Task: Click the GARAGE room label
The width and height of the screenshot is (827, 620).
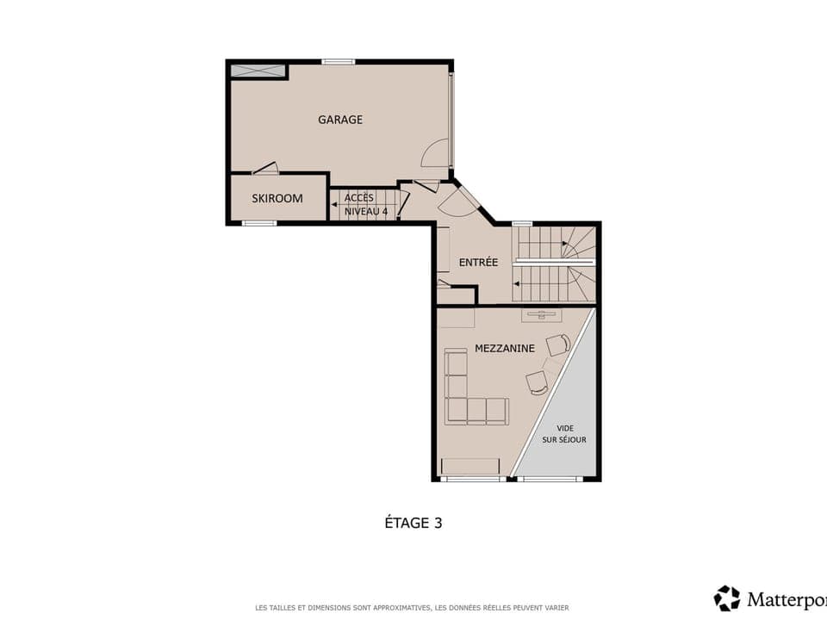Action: tap(340, 120)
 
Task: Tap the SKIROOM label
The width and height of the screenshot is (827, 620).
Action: tap(277, 198)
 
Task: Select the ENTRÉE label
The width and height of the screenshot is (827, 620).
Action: tap(478, 262)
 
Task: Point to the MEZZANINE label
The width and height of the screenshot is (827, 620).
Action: tap(505, 349)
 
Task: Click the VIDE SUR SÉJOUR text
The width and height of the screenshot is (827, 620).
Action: tap(564, 434)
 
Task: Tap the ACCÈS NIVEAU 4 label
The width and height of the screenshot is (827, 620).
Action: tap(360, 204)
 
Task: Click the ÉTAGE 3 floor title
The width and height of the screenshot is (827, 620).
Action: tap(413, 522)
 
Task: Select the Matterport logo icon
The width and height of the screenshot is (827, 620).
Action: tap(726, 598)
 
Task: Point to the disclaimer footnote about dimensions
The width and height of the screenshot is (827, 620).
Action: tap(412, 607)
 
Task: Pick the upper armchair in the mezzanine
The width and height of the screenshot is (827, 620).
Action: tap(558, 344)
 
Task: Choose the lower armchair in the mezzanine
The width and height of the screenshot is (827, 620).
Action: tap(537, 383)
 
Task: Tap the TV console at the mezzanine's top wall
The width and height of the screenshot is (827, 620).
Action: tap(541, 315)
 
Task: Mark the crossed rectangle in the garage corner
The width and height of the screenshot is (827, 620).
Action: tap(258, 71)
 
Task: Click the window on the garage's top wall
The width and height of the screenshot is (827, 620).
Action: tap(339, 62)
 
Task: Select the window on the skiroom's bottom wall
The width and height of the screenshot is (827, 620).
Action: tap(258, 223)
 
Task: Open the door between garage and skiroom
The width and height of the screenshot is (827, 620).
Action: tap(265, 169)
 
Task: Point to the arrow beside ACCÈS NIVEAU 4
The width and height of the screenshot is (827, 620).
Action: tap(333, 204)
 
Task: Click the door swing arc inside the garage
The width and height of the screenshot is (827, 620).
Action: tap(435, 153)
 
